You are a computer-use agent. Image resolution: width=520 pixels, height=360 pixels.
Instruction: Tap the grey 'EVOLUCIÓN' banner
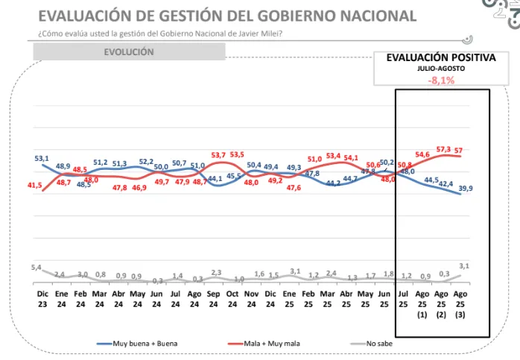tap(129, 52)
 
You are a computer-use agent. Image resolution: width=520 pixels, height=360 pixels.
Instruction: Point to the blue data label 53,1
tap(42, 158)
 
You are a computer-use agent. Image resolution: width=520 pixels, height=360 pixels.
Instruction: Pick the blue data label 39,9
tap(466, 189)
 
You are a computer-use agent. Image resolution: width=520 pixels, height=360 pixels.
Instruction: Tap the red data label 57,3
tap(445, 149)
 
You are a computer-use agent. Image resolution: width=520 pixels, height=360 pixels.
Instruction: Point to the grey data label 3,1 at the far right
tap(464, 265)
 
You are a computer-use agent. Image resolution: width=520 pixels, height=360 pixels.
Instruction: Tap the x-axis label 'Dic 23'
tap(42, 300)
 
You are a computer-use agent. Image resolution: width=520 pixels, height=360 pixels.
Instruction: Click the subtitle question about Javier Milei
tap(159, 33)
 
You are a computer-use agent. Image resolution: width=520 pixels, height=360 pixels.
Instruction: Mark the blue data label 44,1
tap(215, 179)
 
